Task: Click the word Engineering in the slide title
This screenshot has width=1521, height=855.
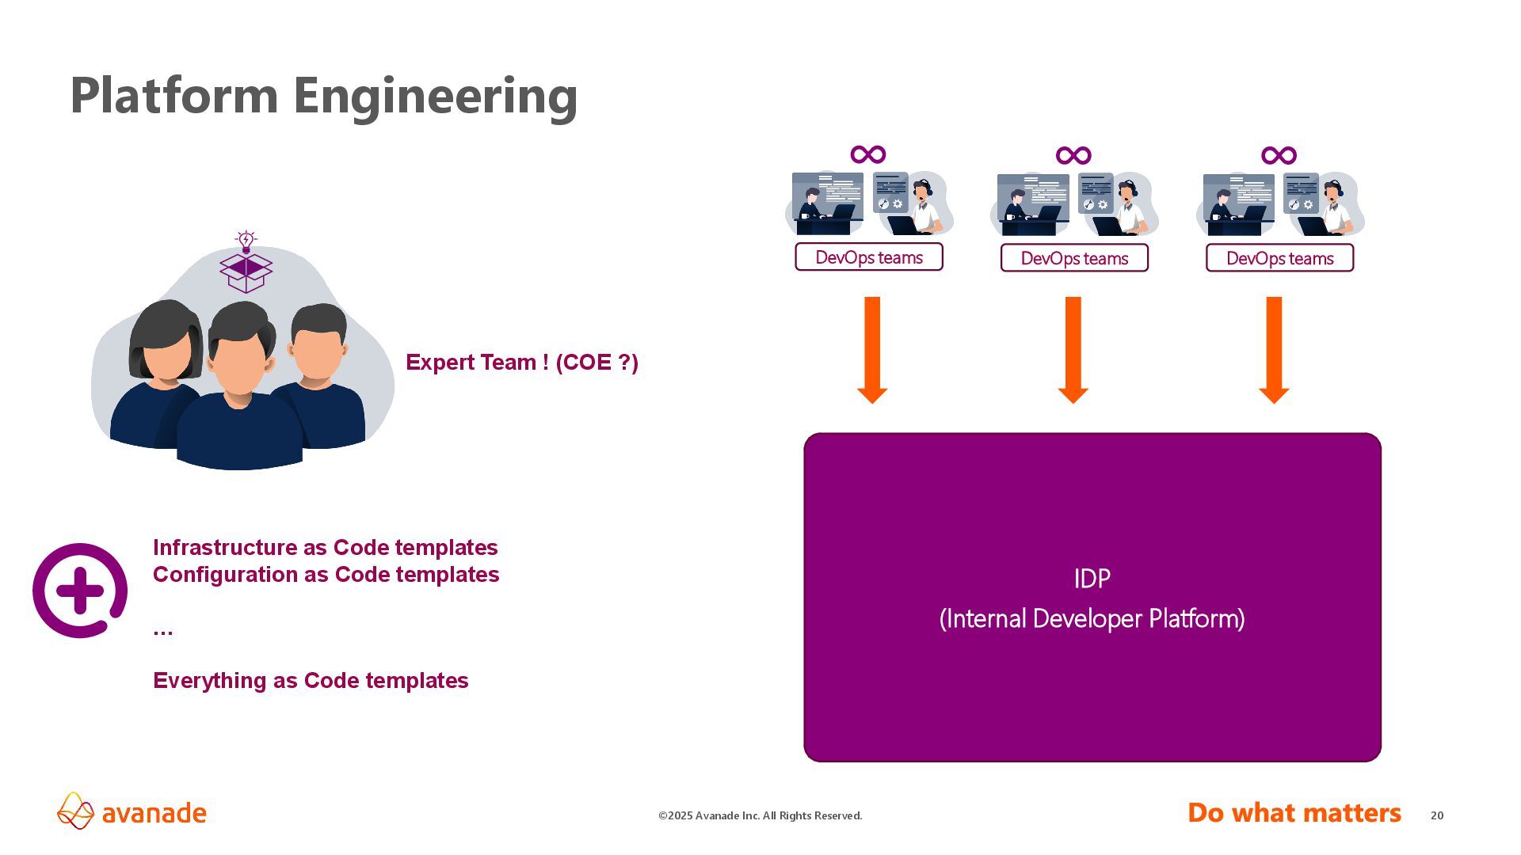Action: (x=435, y=97)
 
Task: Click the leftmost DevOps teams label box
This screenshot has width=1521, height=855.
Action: (x=868, y=257)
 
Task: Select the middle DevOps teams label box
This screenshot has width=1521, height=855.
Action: (x=1073, y=258)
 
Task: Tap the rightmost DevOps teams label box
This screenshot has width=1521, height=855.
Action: (x=1279, y=258)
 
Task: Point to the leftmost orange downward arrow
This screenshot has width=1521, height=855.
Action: (x=872, y=349)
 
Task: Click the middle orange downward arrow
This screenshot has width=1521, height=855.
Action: (x=1073, y=349)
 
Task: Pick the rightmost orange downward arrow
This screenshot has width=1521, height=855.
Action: (x=1274, y=349)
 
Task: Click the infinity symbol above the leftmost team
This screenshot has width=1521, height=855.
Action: (x=868, y=154)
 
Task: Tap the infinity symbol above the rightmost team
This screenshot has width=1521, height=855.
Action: (x=1279, y=155)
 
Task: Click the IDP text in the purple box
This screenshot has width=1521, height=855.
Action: (x=1092, y=579)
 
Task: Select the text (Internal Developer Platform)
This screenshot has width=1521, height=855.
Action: (x=1092, y=619)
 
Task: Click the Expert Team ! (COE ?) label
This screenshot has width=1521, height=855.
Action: (x=521, y=363)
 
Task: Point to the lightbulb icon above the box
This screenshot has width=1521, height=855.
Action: (x=246, y=241)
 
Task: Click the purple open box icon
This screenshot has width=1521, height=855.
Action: (x=246, y=272)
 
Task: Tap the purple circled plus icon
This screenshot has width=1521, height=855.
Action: (x=80, y=591)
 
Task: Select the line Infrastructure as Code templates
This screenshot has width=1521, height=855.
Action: (x=325, y=548)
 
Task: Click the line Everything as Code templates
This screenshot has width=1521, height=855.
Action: (x=311, y=681)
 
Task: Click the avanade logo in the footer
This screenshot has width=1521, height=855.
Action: (x=132, y=812)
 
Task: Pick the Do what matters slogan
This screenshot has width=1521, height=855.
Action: (x=1294, y=813)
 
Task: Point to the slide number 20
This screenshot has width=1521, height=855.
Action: (x=1437, y=815)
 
